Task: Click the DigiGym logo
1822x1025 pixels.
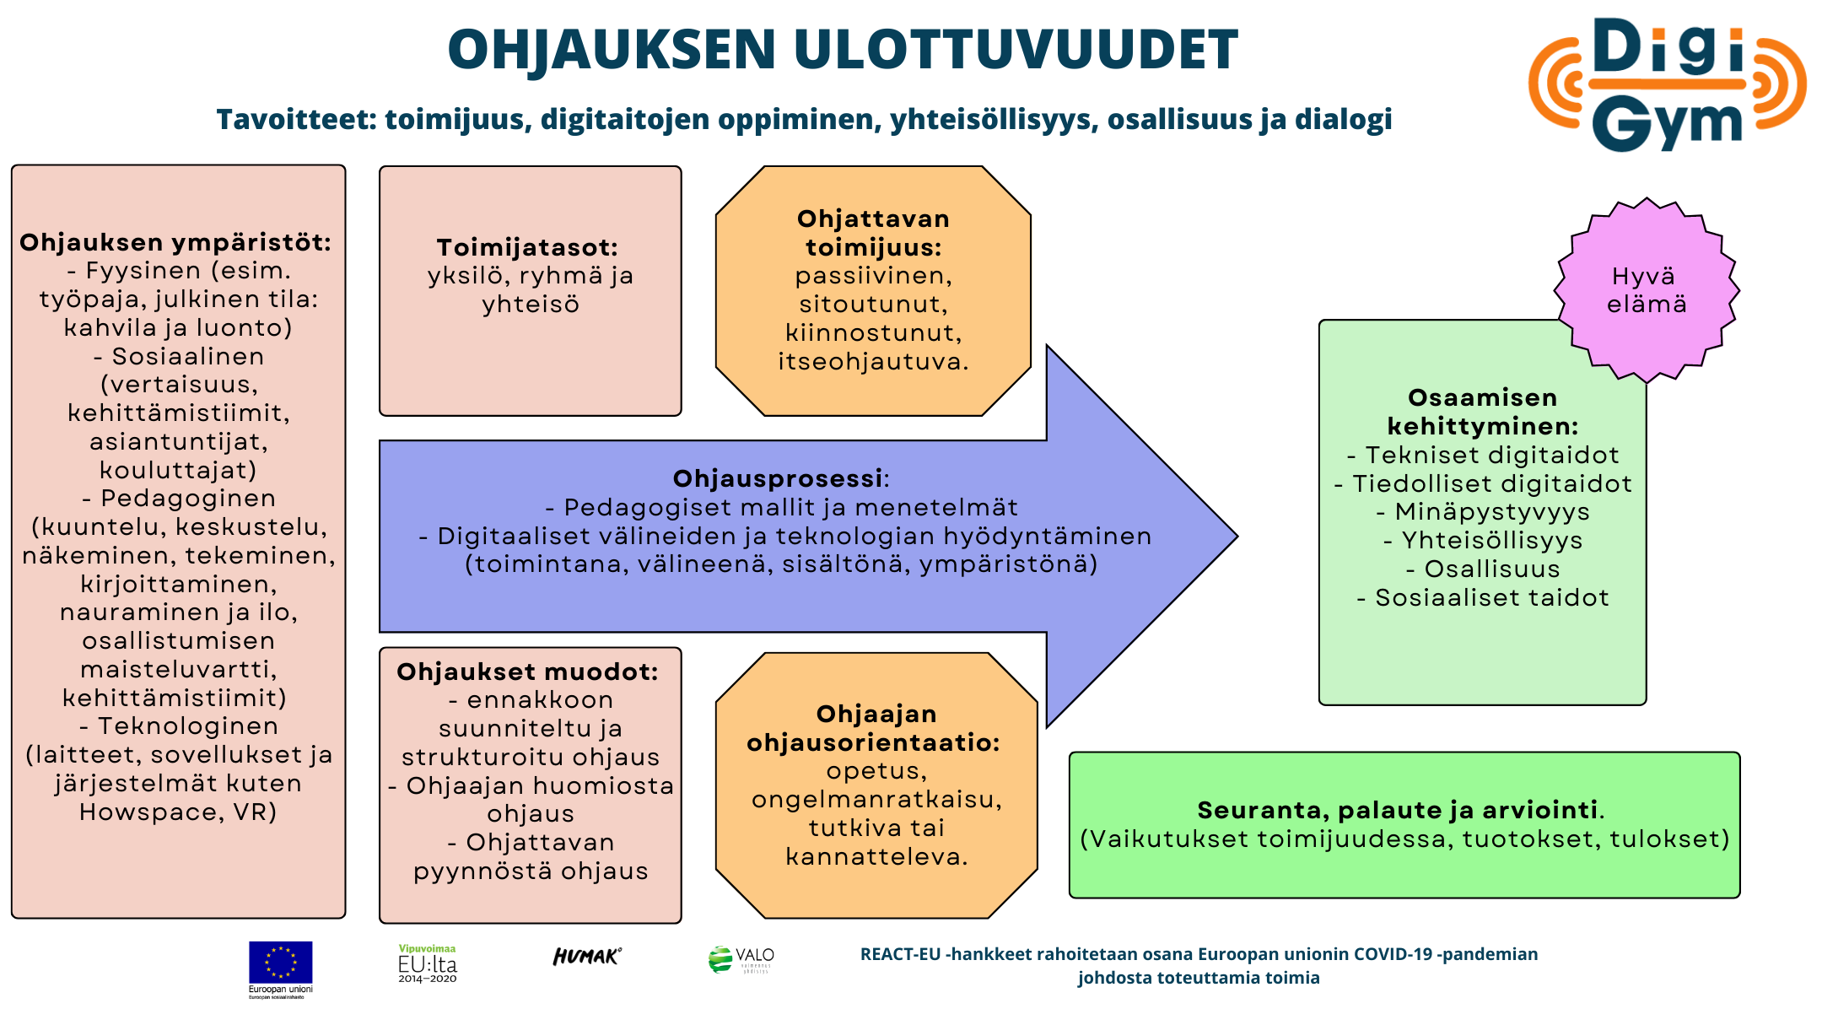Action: point(1667,84)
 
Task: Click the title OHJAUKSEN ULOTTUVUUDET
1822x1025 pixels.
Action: point(843,49)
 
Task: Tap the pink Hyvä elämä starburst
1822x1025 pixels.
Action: point(1647,290)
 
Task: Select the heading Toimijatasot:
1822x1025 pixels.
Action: point(527,247)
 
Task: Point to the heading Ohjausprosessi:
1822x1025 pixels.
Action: point(781,478)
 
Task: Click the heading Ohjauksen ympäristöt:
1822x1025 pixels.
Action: point(175,242)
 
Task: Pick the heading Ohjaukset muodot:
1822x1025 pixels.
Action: point(527,672)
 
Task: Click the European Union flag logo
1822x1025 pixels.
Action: point(280,969)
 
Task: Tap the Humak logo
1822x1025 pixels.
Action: point(587,956)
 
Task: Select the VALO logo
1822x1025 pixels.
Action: point(741,960)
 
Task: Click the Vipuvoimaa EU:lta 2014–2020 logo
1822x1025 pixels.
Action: point(428,963)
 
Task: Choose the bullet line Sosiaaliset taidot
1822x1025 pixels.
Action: point(1483,597)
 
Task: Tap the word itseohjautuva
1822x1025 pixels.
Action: point(872,362)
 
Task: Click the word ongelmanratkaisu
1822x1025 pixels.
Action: point(876,800)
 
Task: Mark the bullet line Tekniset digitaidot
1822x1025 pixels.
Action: point(1483,455)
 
